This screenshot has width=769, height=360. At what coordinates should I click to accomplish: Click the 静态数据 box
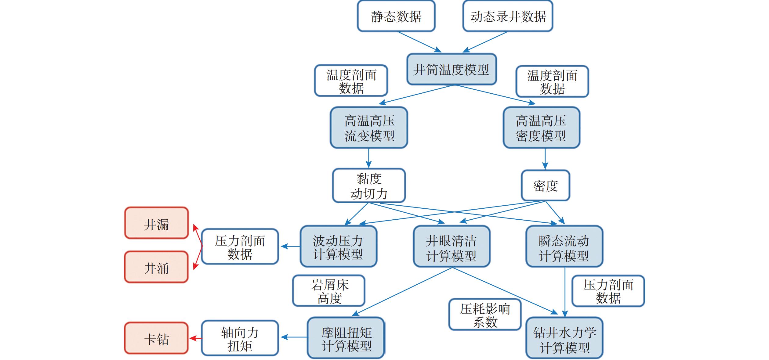396,16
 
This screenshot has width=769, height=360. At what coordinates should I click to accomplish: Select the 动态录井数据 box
508,16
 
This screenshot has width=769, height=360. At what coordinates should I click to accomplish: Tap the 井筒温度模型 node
452,70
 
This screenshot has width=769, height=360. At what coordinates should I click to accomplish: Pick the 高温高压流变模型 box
369,128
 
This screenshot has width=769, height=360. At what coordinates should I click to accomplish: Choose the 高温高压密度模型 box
541,128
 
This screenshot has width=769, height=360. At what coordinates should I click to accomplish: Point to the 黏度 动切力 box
369,185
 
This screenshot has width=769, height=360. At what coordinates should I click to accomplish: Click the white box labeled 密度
545,185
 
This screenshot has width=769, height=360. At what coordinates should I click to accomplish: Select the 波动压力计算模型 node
338,247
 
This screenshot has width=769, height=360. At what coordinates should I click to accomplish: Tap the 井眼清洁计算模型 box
452,247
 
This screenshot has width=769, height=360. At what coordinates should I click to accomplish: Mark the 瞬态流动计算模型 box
564,247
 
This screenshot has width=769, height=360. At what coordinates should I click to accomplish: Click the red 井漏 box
156,223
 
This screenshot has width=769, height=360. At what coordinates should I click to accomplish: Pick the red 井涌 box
156,267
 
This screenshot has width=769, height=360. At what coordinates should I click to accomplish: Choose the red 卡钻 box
156,338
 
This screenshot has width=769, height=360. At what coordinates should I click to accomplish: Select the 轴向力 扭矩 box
240,338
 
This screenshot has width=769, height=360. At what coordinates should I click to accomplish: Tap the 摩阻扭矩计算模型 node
346,338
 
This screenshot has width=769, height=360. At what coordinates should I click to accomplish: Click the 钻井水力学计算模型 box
564,338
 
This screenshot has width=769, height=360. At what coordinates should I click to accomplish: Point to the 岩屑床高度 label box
329,291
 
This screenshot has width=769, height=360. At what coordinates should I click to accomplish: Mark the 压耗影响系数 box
485,315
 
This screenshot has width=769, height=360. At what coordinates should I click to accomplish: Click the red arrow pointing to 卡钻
195,338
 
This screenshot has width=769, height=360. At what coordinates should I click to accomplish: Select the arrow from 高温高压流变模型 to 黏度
369,158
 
